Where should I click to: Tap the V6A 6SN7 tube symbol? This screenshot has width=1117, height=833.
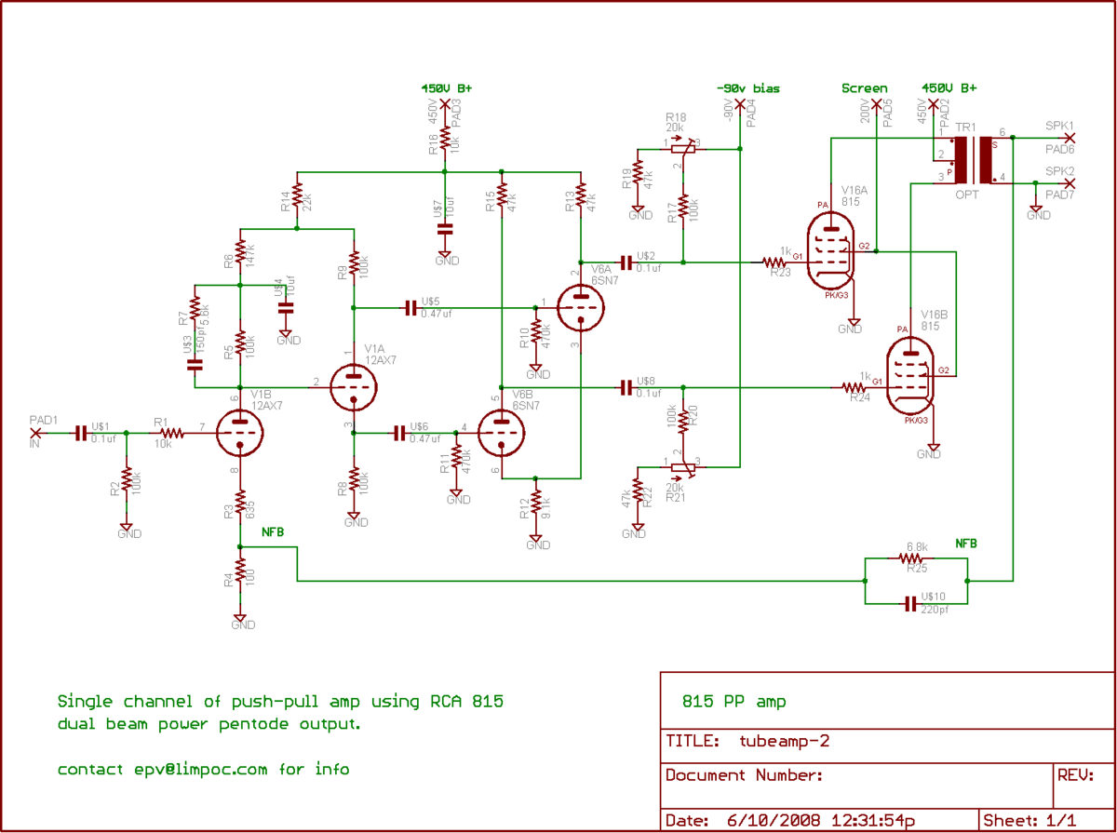pyautogui.click(x=581, y=304)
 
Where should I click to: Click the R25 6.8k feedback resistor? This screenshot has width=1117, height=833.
pyautogui.click(x=910, y=558)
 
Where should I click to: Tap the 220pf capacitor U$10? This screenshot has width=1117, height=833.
pyautogui.click(x=910, y=605)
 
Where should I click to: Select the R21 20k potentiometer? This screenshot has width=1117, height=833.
pyautogui.click(x=683, y=464)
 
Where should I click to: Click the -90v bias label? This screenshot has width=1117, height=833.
pyautogui.click(x=748, y=88)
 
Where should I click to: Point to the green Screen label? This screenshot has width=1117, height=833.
pyautogui.click(x=864, y=88)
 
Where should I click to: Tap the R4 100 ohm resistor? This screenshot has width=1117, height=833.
pyautogui.click(x=240, y=571)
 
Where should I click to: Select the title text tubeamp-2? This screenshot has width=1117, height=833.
pyautogui.click(x=784, y=742)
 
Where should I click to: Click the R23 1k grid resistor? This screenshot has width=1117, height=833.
pyautogui.click(x=775, y=262)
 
